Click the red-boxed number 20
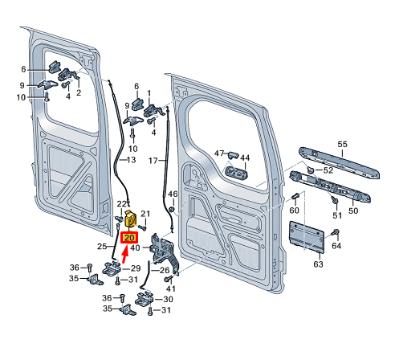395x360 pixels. point(128,238)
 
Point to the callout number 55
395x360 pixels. point(341,144)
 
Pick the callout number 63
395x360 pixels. point(318,263)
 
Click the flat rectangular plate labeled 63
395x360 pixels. point(308,237)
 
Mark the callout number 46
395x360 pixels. point(172,194)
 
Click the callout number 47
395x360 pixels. point(219,153)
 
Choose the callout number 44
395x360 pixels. point(245,157)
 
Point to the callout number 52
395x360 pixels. point(328,170)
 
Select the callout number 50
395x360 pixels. point(352,211)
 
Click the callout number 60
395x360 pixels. point(294,211)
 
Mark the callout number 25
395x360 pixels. point(102,246)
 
